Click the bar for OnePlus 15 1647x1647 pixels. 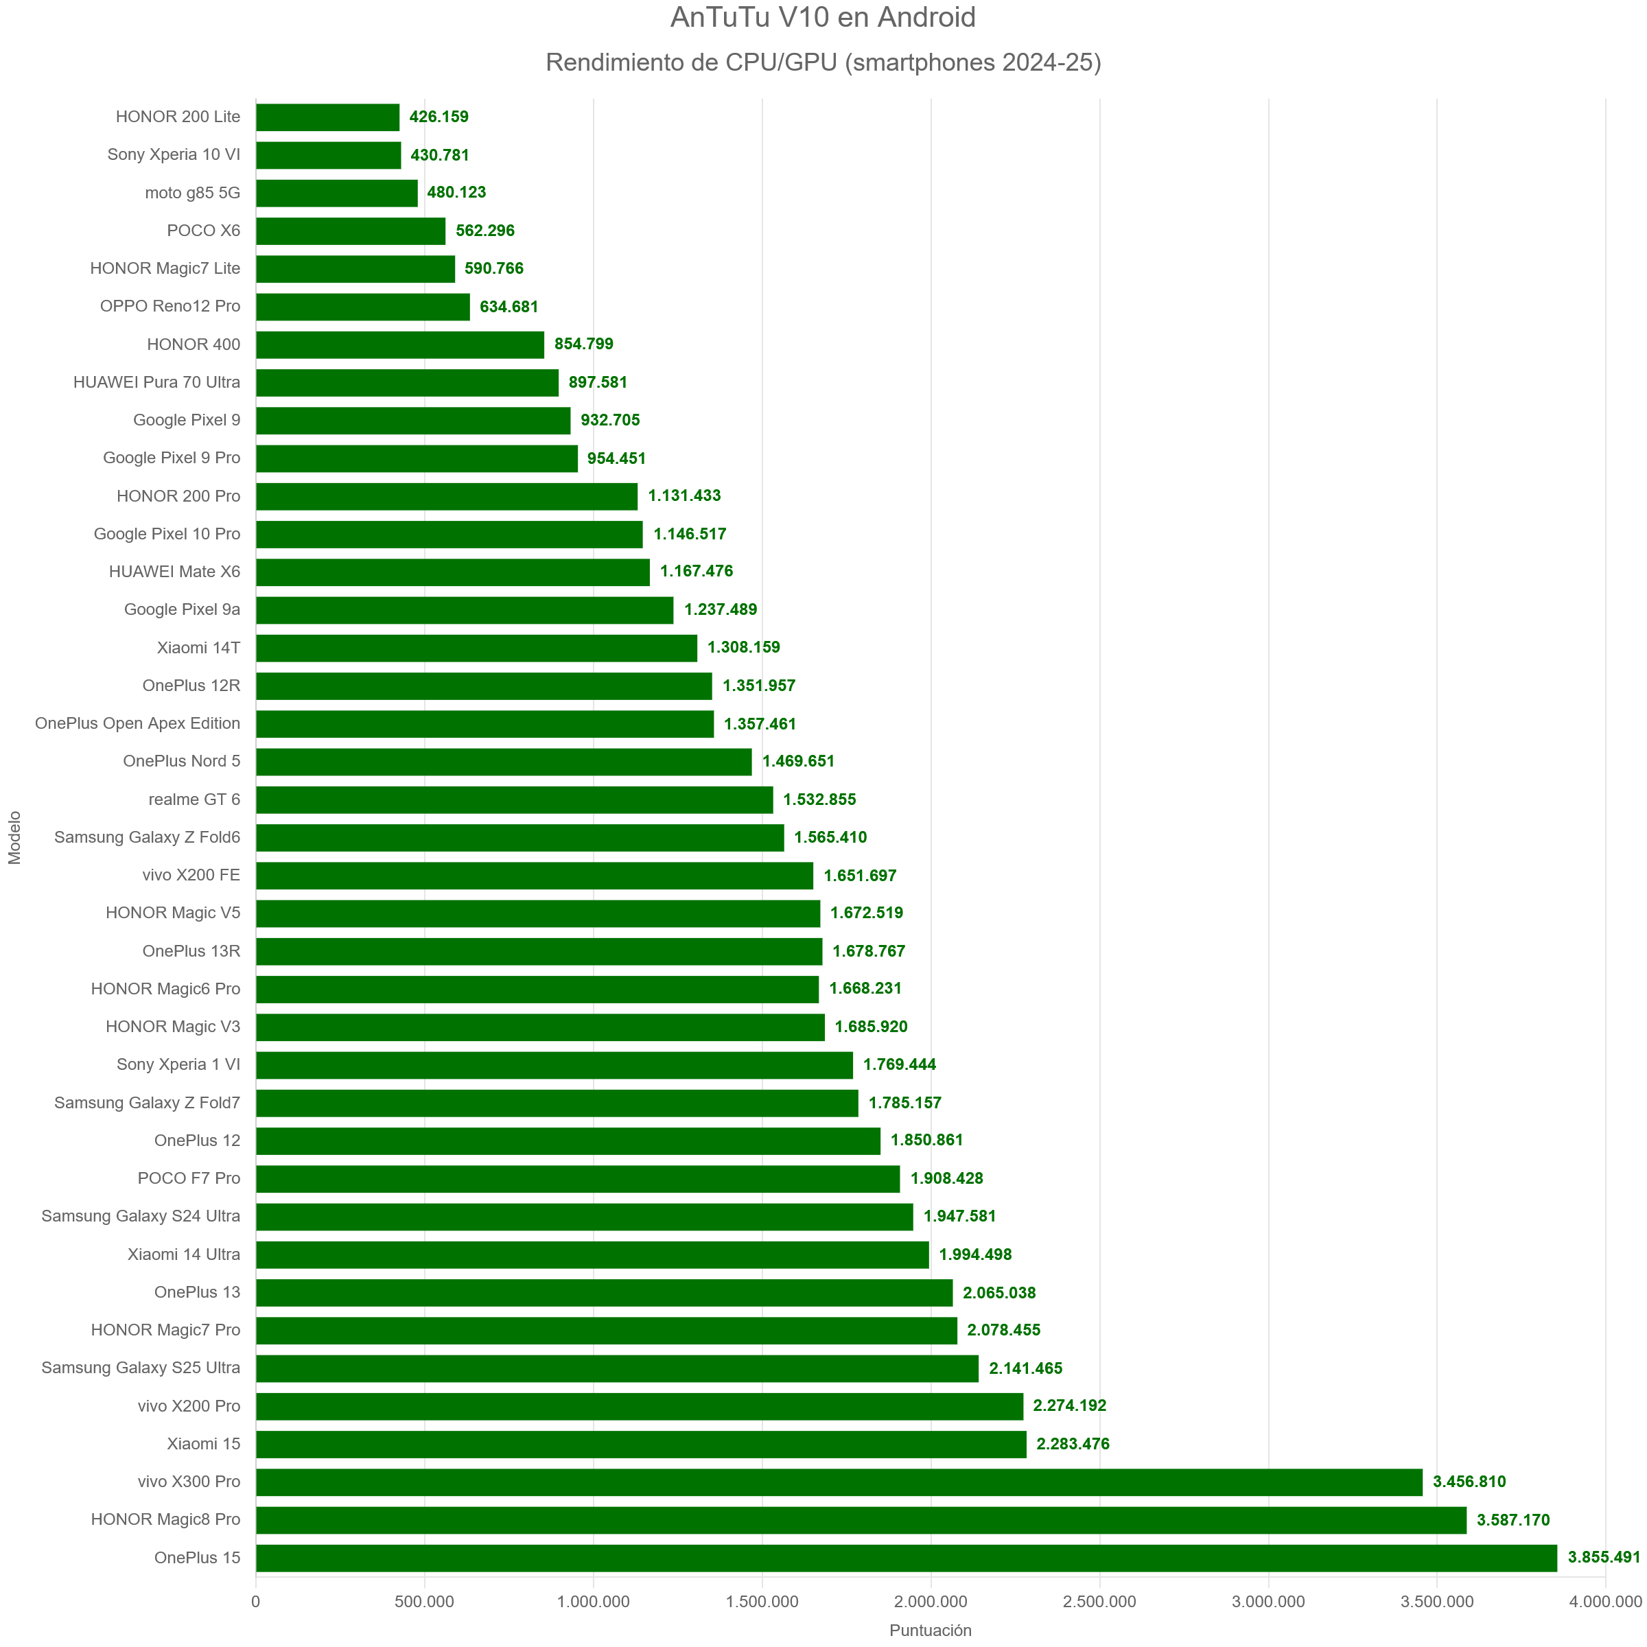pos(905,1558)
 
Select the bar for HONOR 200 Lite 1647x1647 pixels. pos(327,117)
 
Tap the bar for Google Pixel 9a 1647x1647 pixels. pos(465,609)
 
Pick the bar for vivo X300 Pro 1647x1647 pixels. pos(839,1482)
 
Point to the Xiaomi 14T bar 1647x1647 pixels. pos(476,648)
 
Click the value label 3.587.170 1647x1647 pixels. pos(1513,1520)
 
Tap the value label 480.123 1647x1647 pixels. pos(456,193)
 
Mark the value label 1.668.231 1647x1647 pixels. pos(865,989)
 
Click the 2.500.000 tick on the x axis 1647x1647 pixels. pos(1099,1602)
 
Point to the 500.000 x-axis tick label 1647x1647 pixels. pos(425,1602)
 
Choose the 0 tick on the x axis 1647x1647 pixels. pos(256,1602)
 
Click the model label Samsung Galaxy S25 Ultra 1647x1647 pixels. pos(141,1368)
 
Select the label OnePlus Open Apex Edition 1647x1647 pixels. pos(137,724)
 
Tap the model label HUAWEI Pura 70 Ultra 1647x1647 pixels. pos(157,383)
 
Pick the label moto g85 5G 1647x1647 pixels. pos(193,193)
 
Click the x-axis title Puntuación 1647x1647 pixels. pos(930,1630)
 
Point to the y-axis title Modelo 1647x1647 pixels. pos(14,837)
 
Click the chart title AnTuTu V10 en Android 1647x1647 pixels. pos(823,18)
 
